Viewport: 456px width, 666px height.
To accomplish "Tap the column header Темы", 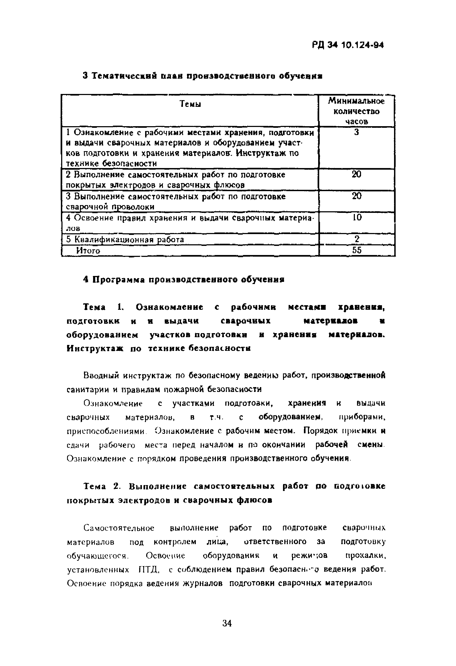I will (x=190, y=104).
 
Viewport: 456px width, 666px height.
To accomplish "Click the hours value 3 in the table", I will (x=356, y=132).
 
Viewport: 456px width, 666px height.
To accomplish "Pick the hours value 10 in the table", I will (x=356, y=217).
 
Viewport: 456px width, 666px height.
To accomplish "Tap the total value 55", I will (x=356, y=250).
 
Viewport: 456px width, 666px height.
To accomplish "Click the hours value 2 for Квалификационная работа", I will (x=356, y=239).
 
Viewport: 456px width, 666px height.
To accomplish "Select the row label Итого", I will (x=88, y=251).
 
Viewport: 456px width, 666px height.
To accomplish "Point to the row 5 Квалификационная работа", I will (x=125, y=239).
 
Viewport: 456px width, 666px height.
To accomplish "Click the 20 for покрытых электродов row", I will (x=356, y=174).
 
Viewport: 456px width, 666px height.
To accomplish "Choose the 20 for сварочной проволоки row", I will (x=356, y=196).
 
